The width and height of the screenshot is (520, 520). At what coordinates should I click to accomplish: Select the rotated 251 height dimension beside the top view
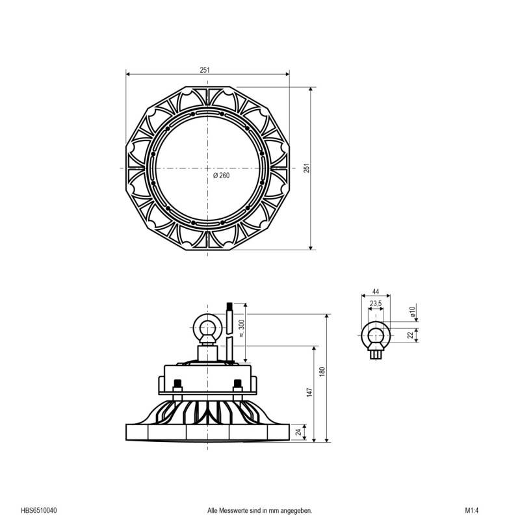[307, 168]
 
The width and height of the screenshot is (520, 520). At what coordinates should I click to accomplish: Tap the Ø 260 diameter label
[221, 175]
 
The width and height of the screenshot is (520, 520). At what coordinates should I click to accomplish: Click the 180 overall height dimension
[321, 371]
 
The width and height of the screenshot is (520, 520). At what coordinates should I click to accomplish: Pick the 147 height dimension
[310, 393]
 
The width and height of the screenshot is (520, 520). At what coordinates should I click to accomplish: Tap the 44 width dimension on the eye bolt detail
[375, 292]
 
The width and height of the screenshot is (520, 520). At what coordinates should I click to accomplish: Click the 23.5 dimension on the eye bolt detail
[376, 304]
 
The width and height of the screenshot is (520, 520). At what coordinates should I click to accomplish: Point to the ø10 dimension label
[412, 313]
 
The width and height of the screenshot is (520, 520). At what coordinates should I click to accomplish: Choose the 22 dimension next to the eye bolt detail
[410, 335]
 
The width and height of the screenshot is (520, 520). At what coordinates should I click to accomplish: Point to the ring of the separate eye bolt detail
[376, 334]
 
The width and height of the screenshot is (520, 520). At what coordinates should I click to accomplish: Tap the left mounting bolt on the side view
[178, 387]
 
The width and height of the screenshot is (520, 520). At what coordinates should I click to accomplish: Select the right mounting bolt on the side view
[237, 387]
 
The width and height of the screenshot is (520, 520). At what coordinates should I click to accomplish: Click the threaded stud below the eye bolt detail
[376, 354]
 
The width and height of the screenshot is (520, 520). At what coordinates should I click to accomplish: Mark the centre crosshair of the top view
[207, 168]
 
